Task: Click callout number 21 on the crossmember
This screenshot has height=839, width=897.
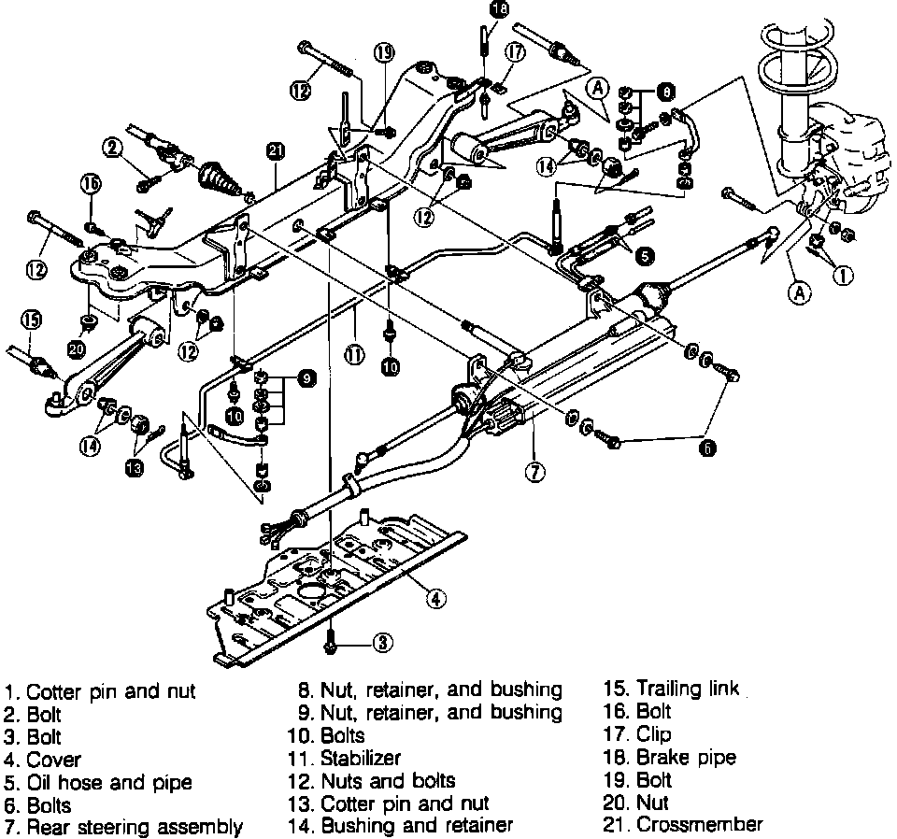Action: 274,150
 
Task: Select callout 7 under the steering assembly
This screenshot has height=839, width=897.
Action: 534,472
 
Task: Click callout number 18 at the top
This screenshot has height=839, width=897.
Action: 498,9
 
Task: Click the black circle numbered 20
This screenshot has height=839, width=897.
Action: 76,349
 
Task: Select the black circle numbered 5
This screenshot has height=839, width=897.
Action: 646,253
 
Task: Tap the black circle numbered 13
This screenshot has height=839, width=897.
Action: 135,467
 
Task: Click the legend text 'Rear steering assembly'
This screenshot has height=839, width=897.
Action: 135,827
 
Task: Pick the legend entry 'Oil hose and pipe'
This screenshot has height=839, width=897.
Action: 108,782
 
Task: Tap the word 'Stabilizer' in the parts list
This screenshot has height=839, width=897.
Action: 361,759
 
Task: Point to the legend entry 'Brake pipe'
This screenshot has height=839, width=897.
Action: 686,758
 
